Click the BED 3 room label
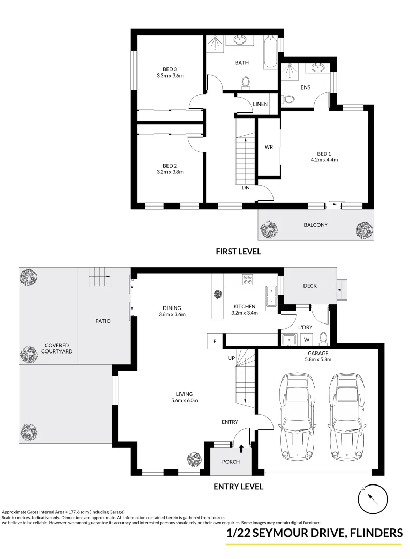coord(170,69)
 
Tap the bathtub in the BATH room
coord(270,52)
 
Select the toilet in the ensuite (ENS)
coord(285,98)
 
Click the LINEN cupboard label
coord(260,104)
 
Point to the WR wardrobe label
coord(268,147)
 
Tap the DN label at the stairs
coord(246,188)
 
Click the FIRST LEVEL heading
coord(238,252)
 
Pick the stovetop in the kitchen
coord(248,279)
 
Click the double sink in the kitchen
coord(270,298)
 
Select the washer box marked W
coord(307,340)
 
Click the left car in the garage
coord(296,416)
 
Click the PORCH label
coord(231,462)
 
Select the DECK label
coord(310,286)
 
